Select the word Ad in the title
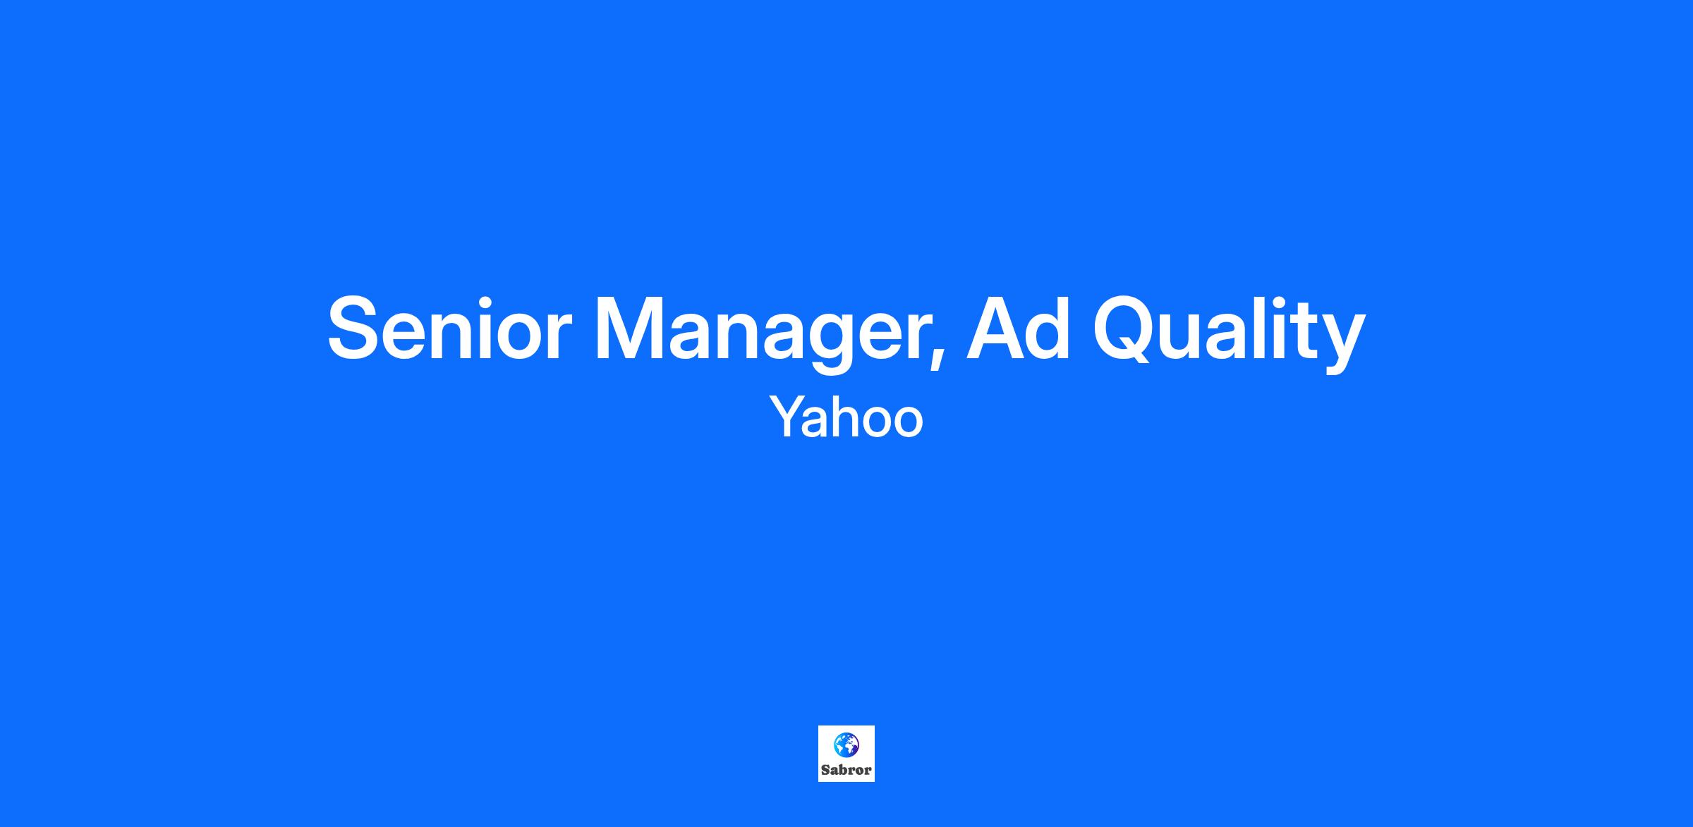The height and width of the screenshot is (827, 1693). pyautogui.click(x=1019, y=329)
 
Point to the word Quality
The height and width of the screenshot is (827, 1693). pyautogui.click(x=1229, y=332)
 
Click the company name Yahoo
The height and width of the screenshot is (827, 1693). pyautogui.click(x=846, y=417)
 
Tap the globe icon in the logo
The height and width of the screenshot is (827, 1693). pyautogui.click(x=846, y=745)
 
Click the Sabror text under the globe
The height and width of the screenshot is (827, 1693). pyautogui.click(x=846, y=770)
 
